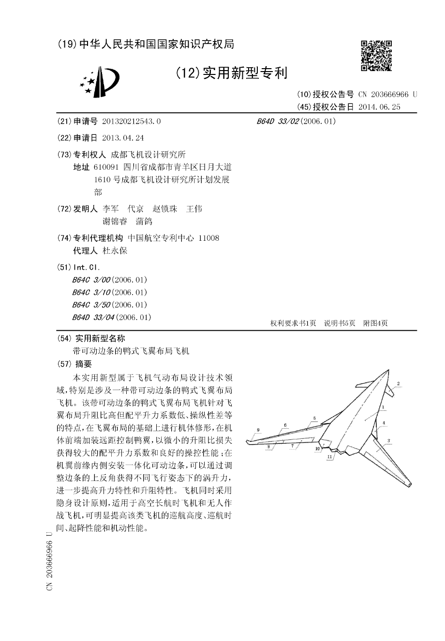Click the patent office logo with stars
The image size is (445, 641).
click(99, 81)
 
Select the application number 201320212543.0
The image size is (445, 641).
click(131, 121)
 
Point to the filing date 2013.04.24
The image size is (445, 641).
click(123, 138)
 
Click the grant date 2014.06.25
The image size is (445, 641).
click(379, 107)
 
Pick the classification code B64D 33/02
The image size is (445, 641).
click(278, 121)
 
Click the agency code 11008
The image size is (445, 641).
click(209, 238)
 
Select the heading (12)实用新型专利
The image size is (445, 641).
click(231, 73)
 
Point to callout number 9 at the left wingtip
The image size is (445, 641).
click(258, 429)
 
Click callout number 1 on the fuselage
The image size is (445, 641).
click(382, 407)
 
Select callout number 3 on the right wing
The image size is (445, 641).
click(388, 440)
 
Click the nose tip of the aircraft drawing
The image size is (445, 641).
click(388, 371)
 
